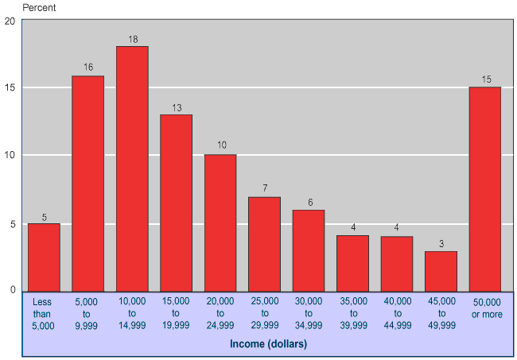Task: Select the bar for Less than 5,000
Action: (x=44, y=257)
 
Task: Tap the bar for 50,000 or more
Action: (x=484, y=189)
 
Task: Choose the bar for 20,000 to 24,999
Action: (x=220, y=223)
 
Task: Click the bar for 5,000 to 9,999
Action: (x=88, y=184)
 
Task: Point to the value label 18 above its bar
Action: (x=133, y=39)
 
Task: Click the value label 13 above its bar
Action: (x=177, y=107)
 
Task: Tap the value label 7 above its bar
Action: (x=265, y=189)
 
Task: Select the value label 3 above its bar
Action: (x=441, y=244)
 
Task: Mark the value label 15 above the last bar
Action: (x=485, y=79)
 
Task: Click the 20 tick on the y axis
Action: (x=10, y=20)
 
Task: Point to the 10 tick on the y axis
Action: (x=10, y=155)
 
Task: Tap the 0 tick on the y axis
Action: (x=13, y=291)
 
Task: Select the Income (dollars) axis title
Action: (x=268, y=343)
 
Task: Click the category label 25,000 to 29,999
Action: (x=265, y=313)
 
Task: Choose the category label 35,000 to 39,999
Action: (x=353, y=313)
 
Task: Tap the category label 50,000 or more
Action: (x=485, y=308)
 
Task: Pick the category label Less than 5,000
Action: (x=44, y=313)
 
